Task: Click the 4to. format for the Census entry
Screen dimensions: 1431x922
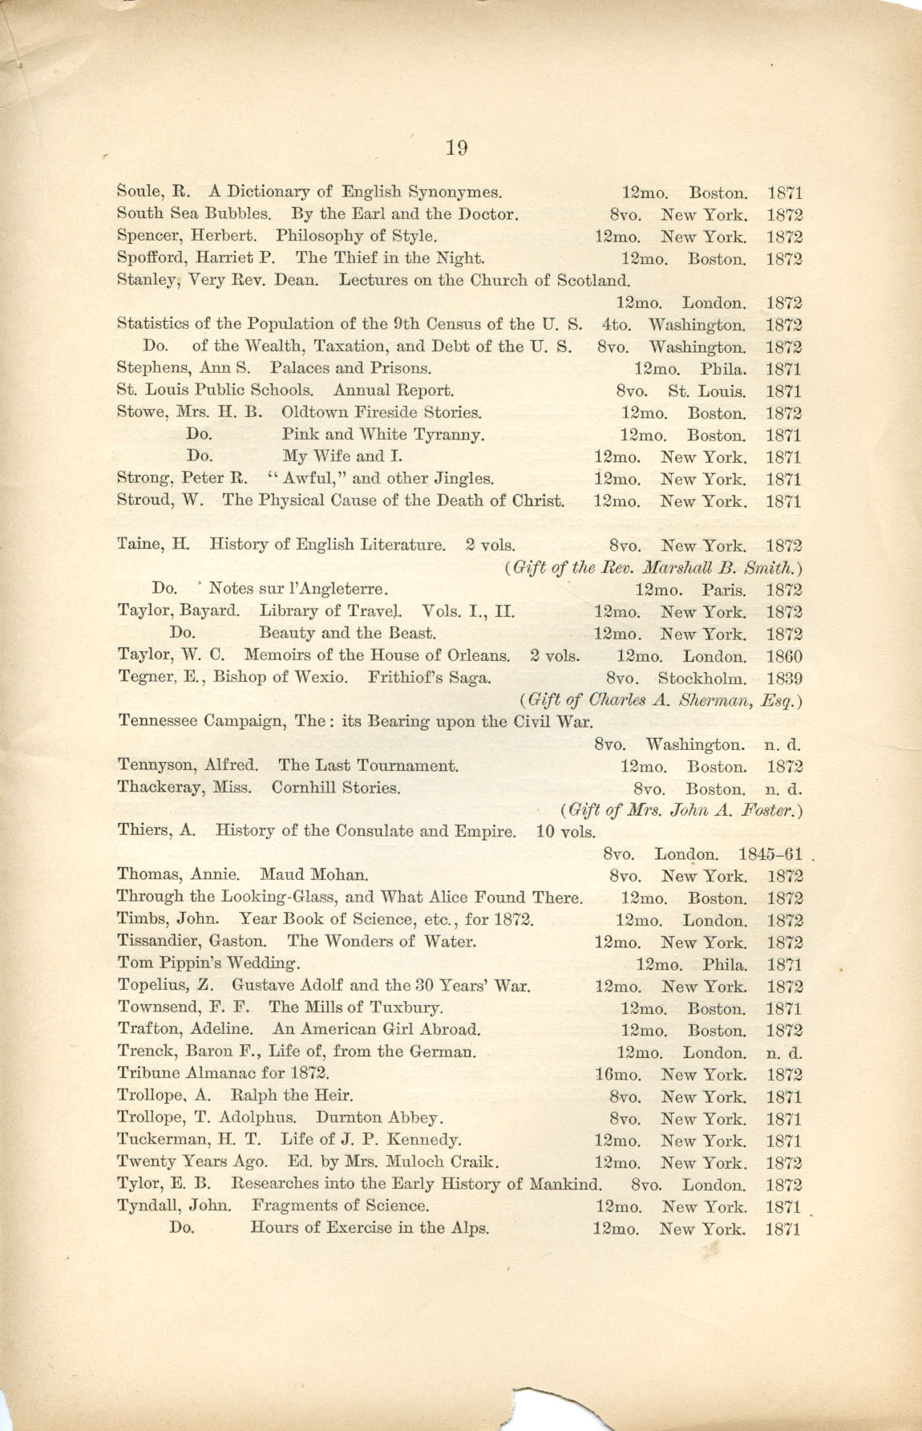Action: [617, 325]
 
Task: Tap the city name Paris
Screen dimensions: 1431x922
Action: [725, 590]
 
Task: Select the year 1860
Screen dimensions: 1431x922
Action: [784, 656]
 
